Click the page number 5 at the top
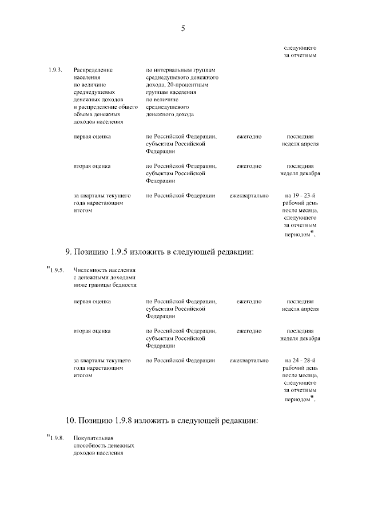[x=183, y=27]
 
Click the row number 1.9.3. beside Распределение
[x=55, y=70]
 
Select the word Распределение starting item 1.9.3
[x=93, y=70]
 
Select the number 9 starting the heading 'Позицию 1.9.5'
[x=67, y=251]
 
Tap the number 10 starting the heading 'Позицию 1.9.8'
[x=70, y=421]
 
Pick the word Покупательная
[x=94, y=438]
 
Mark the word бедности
[x=125, y=284]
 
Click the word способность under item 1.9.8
[x=91, y=446]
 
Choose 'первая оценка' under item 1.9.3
[x=92, y=137]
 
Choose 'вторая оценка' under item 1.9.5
[x=92, y=331]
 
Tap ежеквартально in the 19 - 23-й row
[x=249, y=196]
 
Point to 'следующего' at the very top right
[x=300, y=48]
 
